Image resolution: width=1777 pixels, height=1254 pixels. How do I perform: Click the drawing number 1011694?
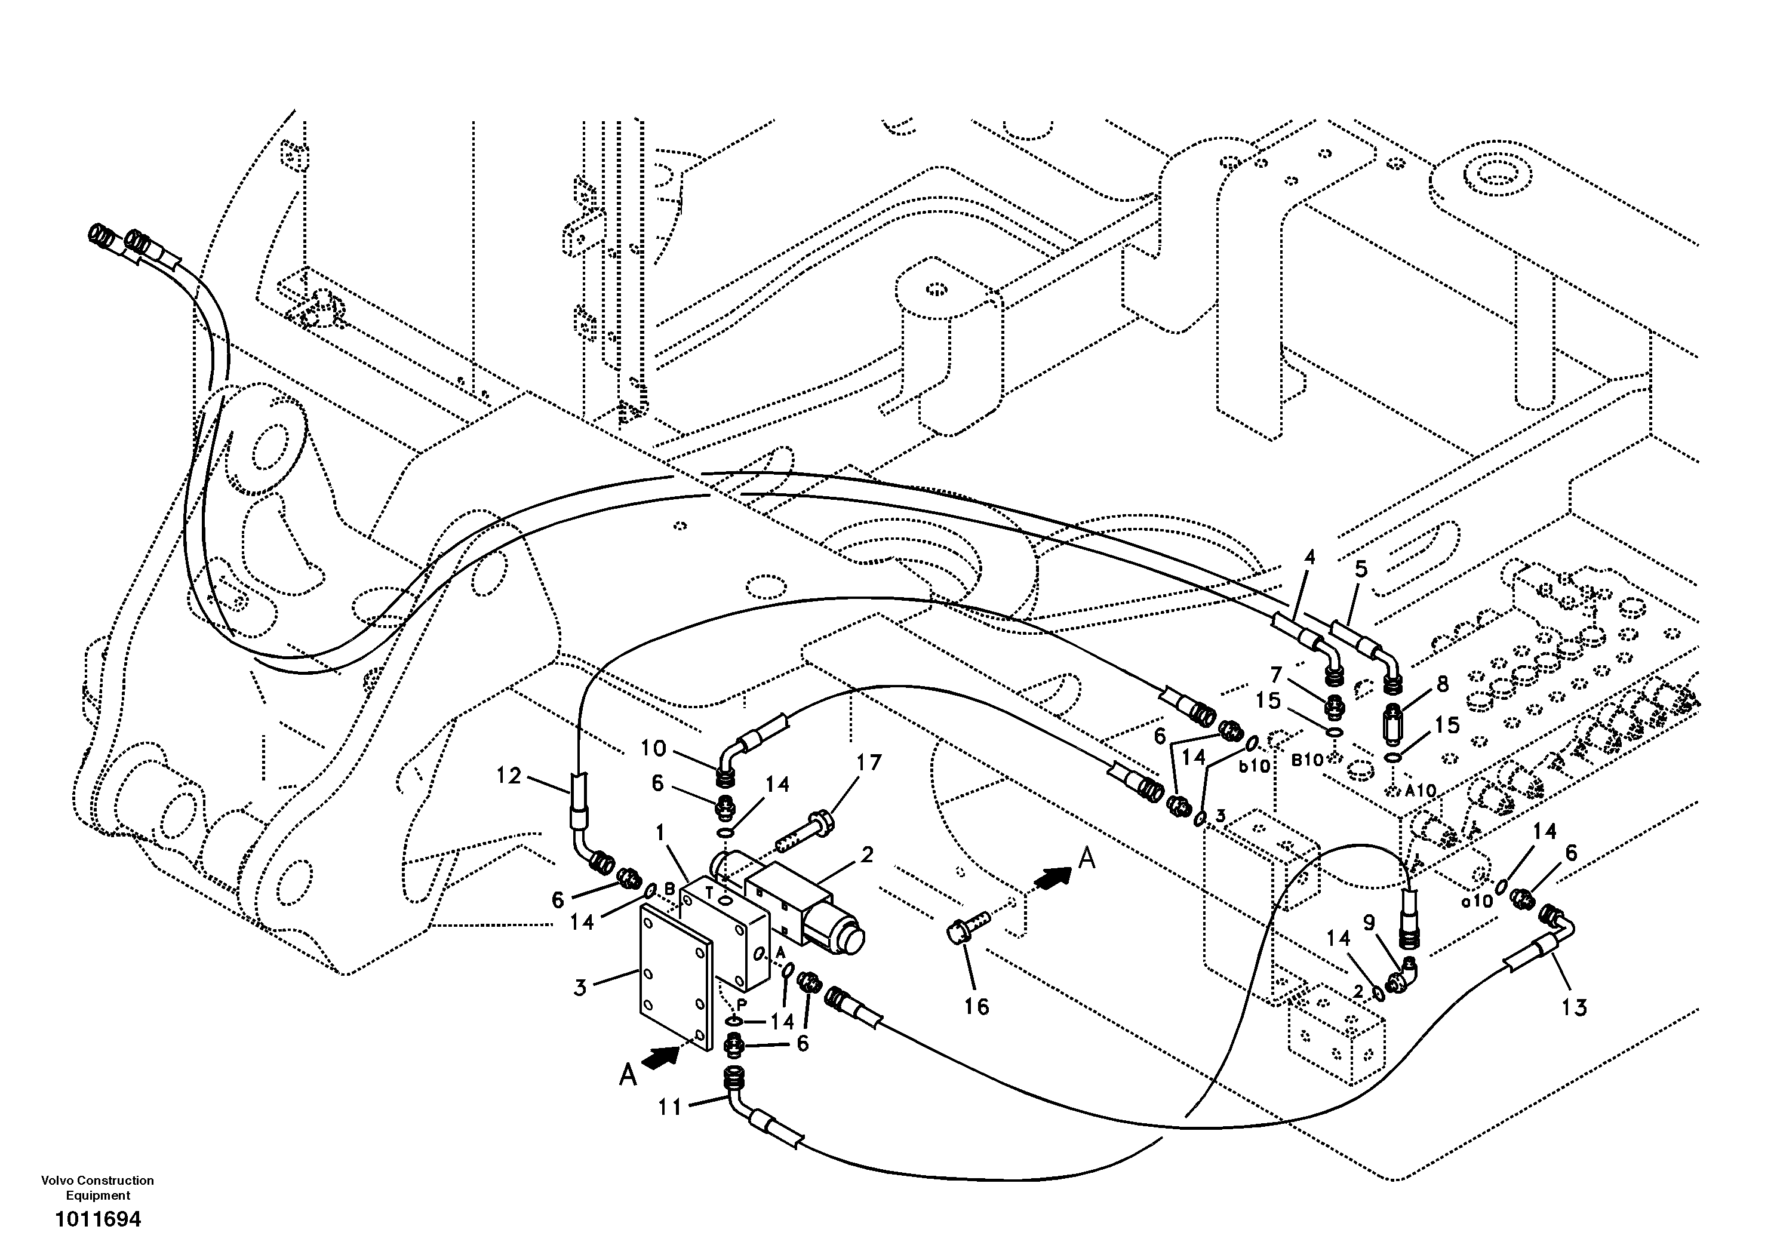(x=99, y=1220)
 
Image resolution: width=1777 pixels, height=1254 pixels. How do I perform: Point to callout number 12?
(x=509, y=776)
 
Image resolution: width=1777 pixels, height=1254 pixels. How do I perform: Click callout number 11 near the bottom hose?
(x=669, y=1108)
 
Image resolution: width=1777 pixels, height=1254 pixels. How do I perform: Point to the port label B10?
(x=1306, y=760)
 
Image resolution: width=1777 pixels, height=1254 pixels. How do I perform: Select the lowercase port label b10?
(x=1255, y=766)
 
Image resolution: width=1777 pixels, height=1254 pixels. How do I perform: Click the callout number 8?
(x=1442, y=684)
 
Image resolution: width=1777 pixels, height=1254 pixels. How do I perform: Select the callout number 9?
(x=1369, y=922)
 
